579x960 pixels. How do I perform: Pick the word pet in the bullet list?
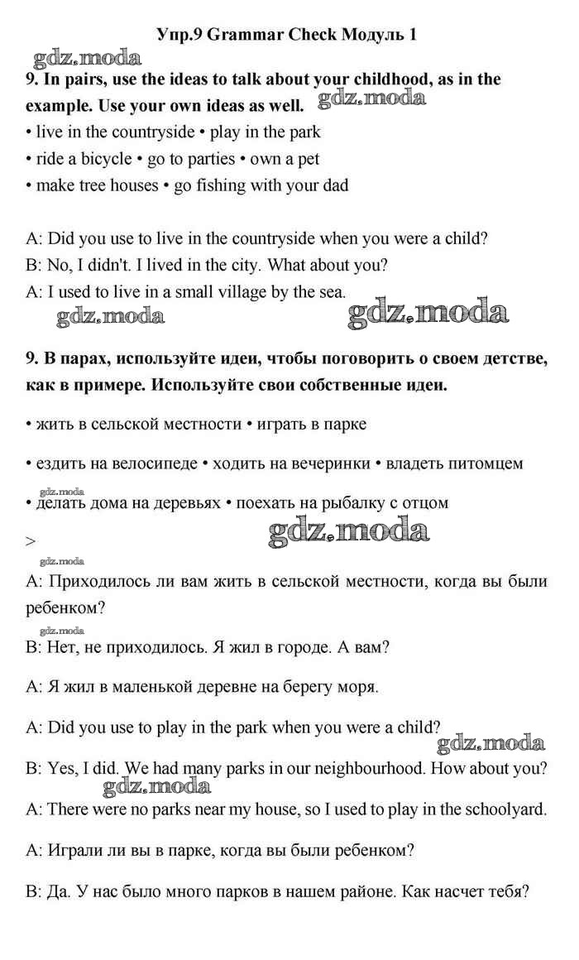(x=307, y=158)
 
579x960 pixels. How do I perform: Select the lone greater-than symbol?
(x=31, y=541)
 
